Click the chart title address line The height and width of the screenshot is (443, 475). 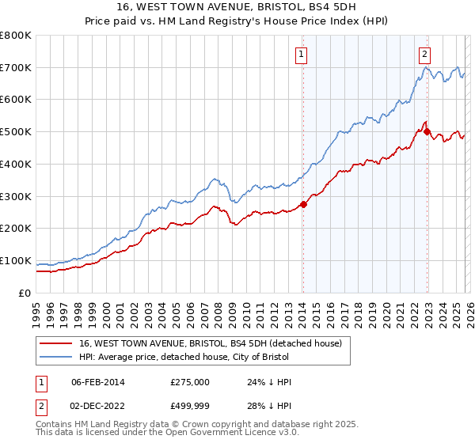tap(237, 7)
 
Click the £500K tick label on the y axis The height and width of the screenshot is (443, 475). tap(16, 131)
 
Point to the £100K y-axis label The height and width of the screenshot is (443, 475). tap(16, 260)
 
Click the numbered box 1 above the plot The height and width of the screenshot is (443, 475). tap(302, 55)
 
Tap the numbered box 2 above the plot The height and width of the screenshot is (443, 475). tap(425, 55)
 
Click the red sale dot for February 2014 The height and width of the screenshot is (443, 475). tap(303, 204)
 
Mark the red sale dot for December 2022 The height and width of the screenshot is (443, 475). tap(427, 132)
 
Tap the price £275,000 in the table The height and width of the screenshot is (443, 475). tap(190, 382)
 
